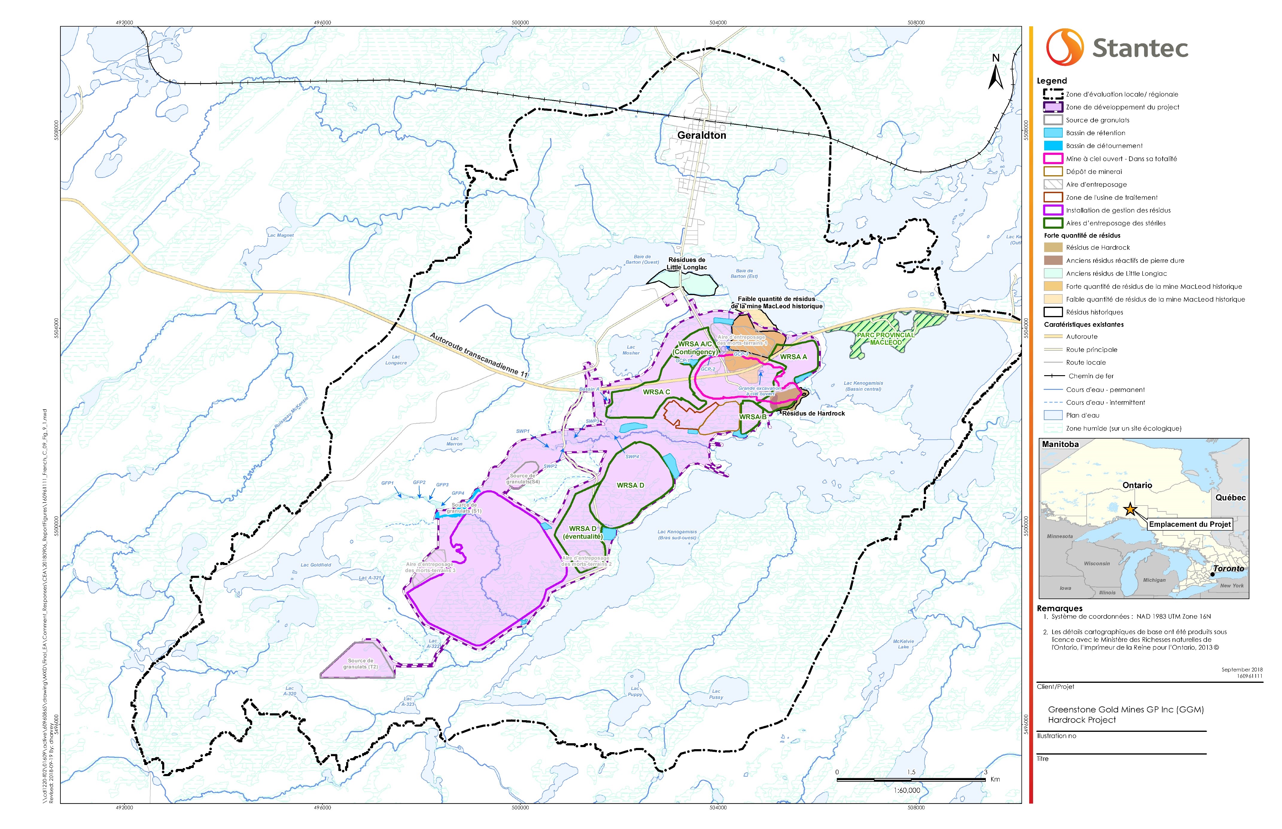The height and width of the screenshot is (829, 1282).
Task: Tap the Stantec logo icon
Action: point(1064,47)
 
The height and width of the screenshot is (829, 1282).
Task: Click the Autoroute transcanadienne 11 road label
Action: point(479,354)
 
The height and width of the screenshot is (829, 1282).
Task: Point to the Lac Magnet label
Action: point(281,235)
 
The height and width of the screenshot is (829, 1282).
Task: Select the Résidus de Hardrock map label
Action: point(813,413)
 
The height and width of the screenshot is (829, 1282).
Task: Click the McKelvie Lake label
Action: point(903,644)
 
